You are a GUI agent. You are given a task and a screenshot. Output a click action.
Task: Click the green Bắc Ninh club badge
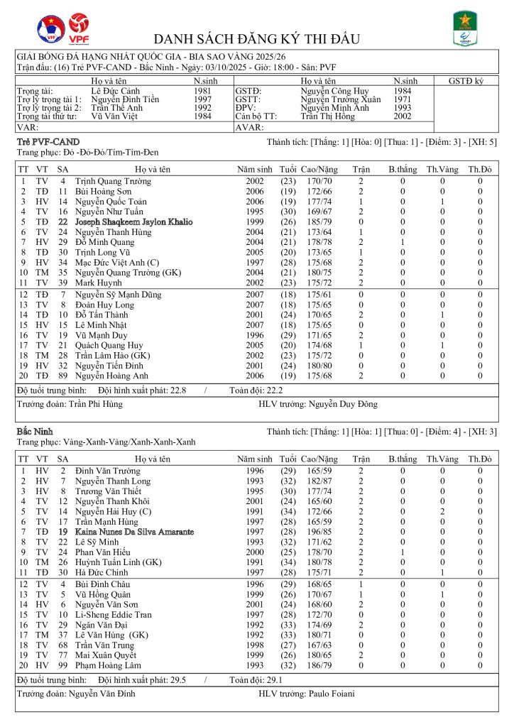coord(465,28)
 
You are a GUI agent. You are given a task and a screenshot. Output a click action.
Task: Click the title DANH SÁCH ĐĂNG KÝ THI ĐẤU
coord(257,38)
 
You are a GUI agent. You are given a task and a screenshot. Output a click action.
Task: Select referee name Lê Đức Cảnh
coord(114,91)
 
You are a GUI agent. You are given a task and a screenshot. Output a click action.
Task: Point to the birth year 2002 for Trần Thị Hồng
coord(403,116)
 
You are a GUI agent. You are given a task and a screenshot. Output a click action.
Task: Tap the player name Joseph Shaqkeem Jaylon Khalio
coord(133,222)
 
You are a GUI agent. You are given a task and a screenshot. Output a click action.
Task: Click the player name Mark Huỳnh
coord(96,283)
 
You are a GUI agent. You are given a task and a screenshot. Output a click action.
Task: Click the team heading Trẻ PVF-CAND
coord(48,143)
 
